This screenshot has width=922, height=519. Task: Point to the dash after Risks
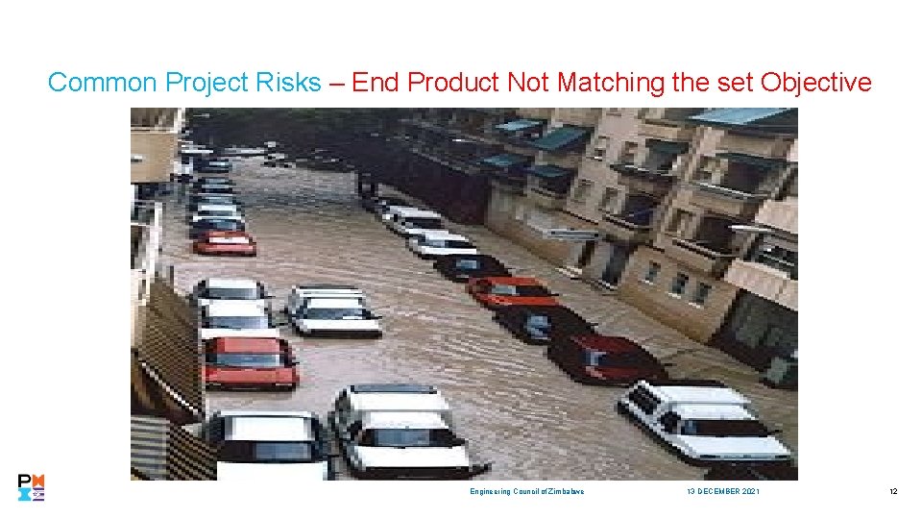(x=336, y=83)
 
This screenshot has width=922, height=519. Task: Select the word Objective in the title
(x=815, y=83)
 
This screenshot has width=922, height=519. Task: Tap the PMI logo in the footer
(x=32, y=487)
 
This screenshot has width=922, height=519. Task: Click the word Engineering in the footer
(x=489, y=491)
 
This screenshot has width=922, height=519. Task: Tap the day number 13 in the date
(x=691, y=491)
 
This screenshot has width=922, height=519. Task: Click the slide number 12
(x=893, y=491)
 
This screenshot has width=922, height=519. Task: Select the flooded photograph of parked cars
(x=464, y=293)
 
